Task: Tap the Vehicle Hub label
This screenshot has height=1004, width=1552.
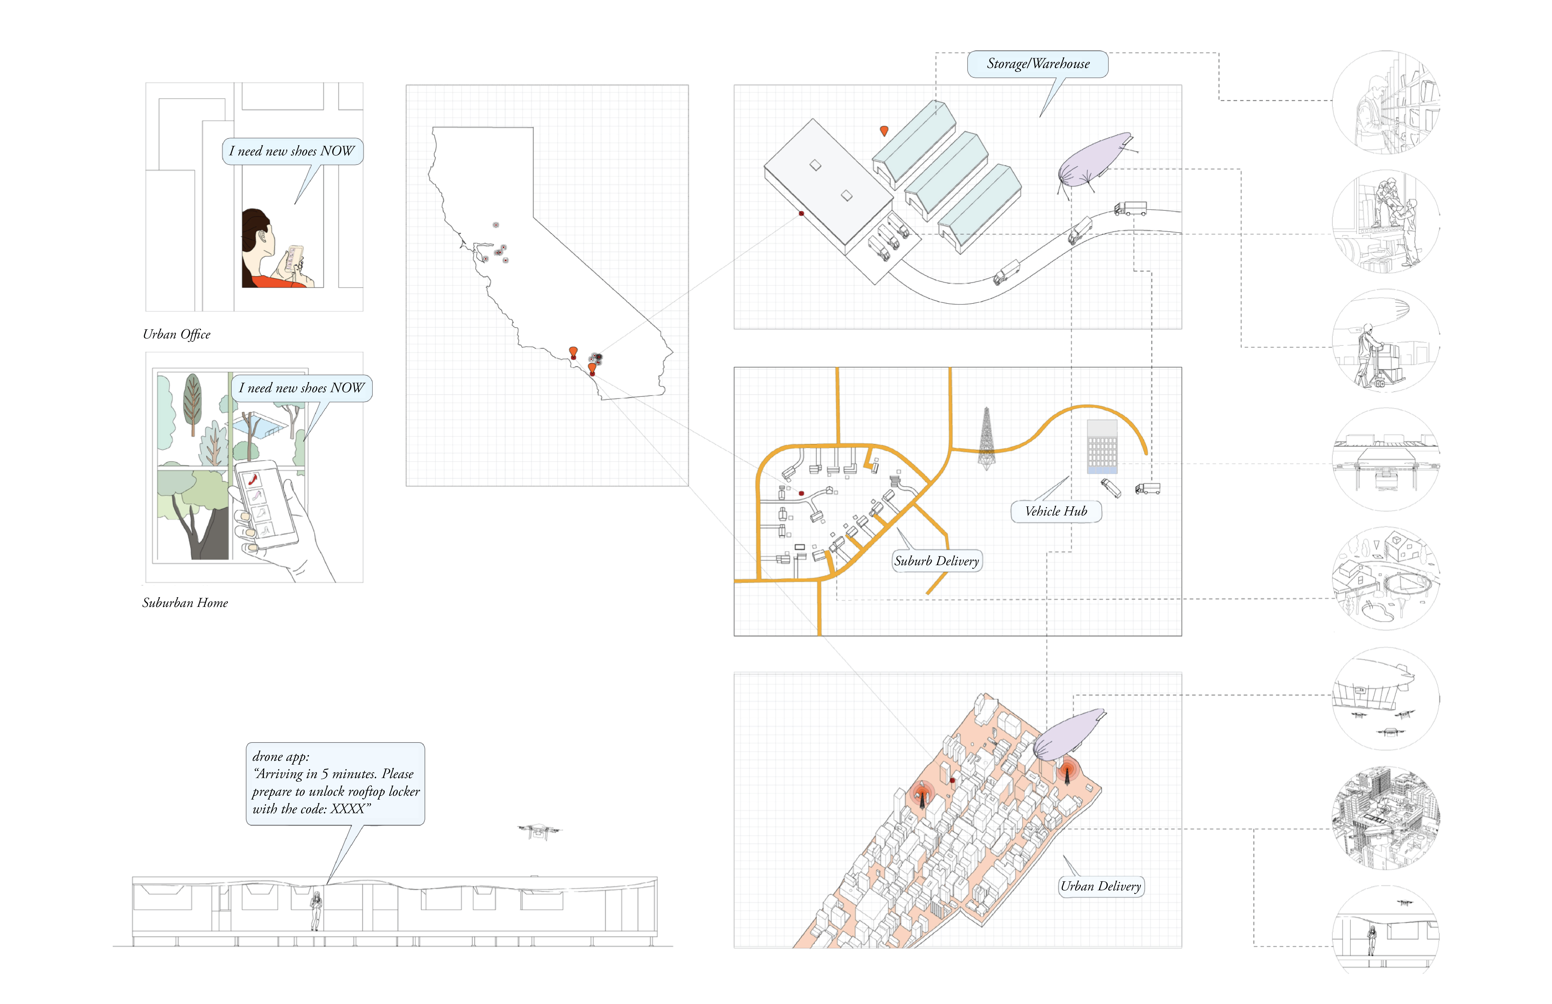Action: [1056, 511]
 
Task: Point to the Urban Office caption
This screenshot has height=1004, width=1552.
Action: [177, 335]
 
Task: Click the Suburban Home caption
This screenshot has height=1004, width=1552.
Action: [185, 603]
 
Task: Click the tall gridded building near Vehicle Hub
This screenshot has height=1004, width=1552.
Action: [1102, 447]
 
